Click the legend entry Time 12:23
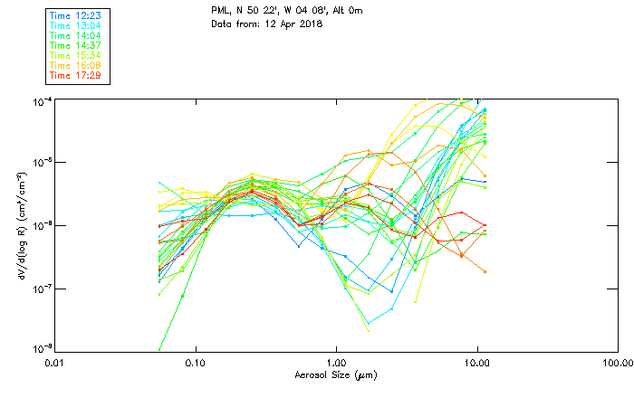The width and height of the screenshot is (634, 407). click(75, 15)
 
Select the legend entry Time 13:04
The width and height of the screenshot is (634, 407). click(75, 25)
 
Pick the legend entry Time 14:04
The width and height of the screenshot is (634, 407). click(75, 35)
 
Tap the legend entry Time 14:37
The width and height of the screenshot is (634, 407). click(75, 45)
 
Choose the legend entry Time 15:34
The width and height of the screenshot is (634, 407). click(75, 55)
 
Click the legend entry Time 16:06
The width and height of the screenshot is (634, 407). click(75, 65)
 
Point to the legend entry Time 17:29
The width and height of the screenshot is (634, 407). click(75, 75)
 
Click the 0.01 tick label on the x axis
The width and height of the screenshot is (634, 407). click(55, 363)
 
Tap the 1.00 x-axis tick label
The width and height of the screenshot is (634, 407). click(336, 363)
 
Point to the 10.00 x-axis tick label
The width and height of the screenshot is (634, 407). click(476, 363)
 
